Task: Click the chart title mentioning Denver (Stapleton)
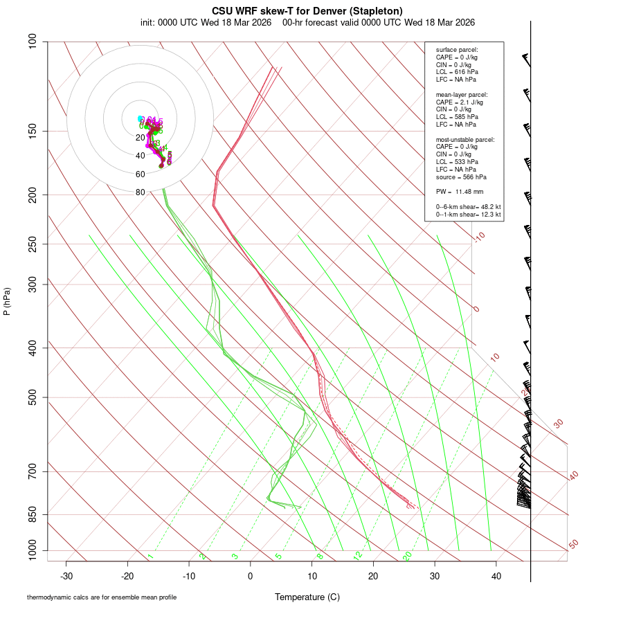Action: (307, 11)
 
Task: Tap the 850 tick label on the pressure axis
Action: (33, 514)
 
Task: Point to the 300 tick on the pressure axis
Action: (33, 285)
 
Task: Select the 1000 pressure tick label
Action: (31, 551)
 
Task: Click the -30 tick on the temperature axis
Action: (66, 576)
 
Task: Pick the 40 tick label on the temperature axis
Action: (496, 576)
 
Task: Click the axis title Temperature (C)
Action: (307, 597)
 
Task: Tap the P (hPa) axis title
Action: (7, 302)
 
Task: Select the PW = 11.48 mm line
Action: (460, 192)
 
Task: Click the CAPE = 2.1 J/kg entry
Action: (460, 102)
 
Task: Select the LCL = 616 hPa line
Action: (457, 71)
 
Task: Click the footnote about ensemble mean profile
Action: (102, 597)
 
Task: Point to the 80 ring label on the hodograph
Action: (141, 192)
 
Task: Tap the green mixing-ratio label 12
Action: (358, 555)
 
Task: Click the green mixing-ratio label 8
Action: (320, 556)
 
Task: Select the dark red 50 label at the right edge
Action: (573, 544)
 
